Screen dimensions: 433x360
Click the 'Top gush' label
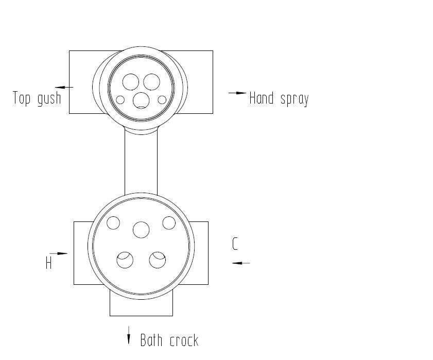(37, 98)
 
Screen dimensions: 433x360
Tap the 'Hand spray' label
(279, 98)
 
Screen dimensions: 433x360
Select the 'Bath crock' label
(169, 340)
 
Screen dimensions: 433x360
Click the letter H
(48, 263)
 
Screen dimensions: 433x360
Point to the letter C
(235, 244)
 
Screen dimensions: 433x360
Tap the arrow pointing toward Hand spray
(237, 93)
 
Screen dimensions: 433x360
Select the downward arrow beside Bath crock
(129, 335)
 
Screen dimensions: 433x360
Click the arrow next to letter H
(59, 253)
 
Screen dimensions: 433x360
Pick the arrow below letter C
(240, 263)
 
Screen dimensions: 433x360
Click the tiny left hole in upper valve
(120, 99)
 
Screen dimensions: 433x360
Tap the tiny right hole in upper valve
(162, 99)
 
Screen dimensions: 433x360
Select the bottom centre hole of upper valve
(141, 99)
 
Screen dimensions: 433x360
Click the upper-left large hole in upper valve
(131, 82)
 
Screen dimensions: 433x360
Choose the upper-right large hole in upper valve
(151, 82)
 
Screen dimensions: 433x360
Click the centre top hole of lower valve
(141, 229)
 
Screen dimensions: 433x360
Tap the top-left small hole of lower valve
(113, 223)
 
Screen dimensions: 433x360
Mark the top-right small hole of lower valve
(169, 223)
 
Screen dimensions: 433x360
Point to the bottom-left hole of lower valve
(125, 260)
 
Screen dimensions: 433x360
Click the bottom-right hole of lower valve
(158, 260)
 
